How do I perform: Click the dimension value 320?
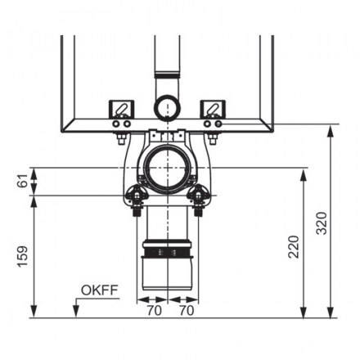point(322,223)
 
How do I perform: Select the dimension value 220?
point(294,247)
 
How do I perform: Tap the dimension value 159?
point(23,256)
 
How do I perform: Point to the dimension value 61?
point(23,180)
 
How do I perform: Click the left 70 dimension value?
point(155,310)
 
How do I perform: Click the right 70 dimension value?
point(187,310)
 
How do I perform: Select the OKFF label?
point(100,290)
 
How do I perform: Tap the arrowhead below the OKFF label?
point(76,312)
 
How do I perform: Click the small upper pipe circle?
point(167,107)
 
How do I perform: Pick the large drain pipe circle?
point(167,169)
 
